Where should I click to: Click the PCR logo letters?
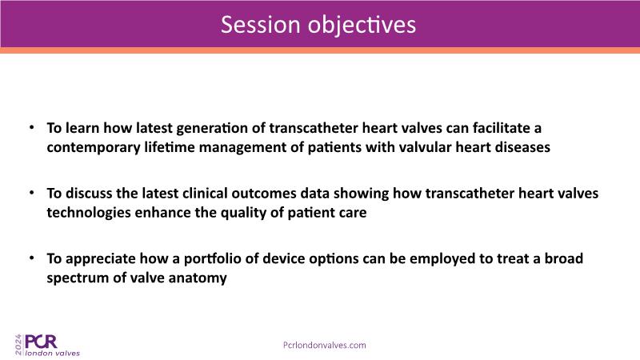[x=41, y=342]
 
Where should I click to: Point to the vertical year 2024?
[x=18, y=345]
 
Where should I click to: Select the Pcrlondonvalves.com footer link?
[x=325, y=345]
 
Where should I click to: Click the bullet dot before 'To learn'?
[x=31, y=127]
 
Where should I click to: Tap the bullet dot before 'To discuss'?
[x=31, y=193]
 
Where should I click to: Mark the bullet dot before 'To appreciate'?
[x=31, y=258]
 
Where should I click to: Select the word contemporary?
[x=94, y=147]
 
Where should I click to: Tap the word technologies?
[x=89, y=213]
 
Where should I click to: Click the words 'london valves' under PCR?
[x=53, y=353]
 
